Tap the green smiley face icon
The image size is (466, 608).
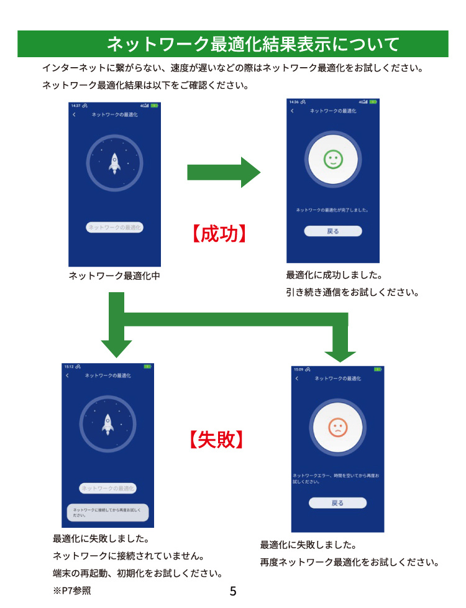pos(333,160)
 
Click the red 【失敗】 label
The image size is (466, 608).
pos(215,440)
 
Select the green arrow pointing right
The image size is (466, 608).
pos(224,172)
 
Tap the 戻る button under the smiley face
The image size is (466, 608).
pos(333,231)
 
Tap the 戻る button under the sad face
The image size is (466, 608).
pos(337,503)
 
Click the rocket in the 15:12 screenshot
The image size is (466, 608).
pos(107,424)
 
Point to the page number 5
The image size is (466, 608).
pos(233,591)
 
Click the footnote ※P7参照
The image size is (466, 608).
pos(72,591)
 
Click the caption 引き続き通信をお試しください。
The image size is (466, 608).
pos(352,292)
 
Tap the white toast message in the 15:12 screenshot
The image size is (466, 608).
pos(107,512)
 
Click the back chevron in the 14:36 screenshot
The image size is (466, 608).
pos(292,111)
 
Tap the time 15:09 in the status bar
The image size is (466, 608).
pos(299,369)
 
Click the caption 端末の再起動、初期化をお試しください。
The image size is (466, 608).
pos(138,573)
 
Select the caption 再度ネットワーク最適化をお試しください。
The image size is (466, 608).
pos(350,563)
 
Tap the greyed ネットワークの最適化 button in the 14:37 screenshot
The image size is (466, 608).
pos(115,228)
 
